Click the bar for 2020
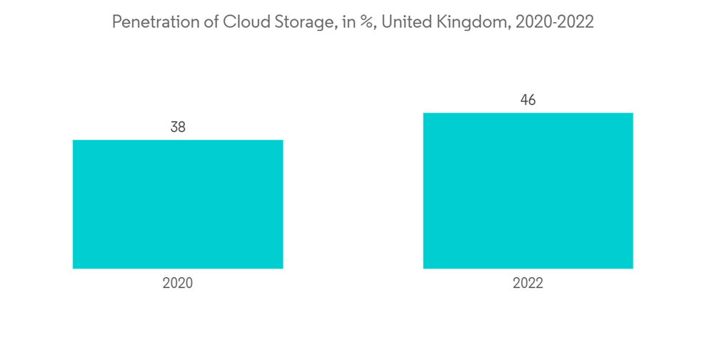coord(178,204)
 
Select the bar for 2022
coord(528,191)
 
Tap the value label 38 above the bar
coord(178,127)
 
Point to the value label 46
coord(528,100)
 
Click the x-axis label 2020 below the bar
coord(178,284)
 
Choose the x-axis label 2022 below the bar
coord(528,284)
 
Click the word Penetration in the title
coord(154,23)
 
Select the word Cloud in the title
coord(244,23)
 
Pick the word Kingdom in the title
coord(472,23)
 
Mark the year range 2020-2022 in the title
coord(555,23)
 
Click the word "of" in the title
coord(211,23)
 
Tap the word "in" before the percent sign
coord(348,23)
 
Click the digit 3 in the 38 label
coord(174,127)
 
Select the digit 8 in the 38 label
coord(182,127)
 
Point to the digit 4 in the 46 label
coord(523,100)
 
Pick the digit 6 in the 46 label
coord(532,100)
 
